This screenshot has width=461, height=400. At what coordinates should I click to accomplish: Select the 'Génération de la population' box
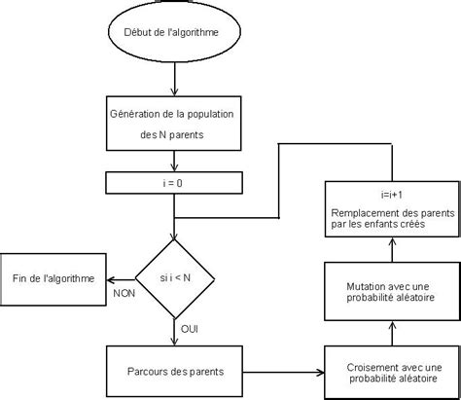(172, 122)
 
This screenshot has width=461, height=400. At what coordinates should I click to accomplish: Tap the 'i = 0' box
(172, 181)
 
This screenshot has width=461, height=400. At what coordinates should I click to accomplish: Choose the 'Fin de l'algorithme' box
(53, 278)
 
